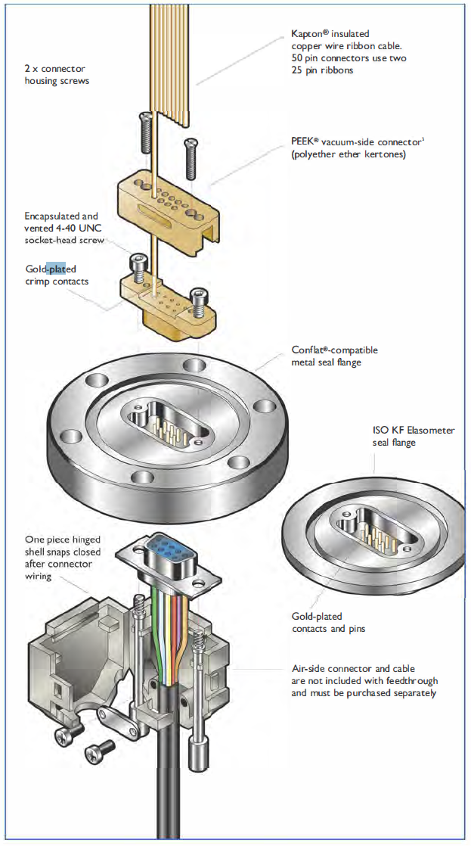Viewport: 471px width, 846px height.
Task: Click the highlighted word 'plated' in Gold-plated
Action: tap(61, 269)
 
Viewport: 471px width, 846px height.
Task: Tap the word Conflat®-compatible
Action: tap(335, 350)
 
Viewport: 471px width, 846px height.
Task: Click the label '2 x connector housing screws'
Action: tap(57, 74)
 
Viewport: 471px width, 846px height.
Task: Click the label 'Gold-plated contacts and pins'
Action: tap(329, 623)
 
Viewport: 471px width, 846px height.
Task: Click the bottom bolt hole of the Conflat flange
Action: tap(141, 477)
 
